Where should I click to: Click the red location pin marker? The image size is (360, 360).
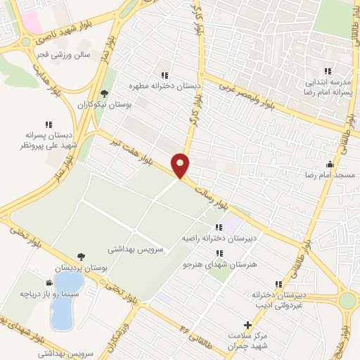coord(181,165)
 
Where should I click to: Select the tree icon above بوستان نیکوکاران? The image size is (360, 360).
coord(105,93)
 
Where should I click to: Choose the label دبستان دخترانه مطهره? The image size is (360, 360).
coord(164,86)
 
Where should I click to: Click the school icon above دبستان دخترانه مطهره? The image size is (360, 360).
coord(164,75)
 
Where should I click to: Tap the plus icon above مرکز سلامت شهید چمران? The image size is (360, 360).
coord(246,325)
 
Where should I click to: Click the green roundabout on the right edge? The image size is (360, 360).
coord(348,301)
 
